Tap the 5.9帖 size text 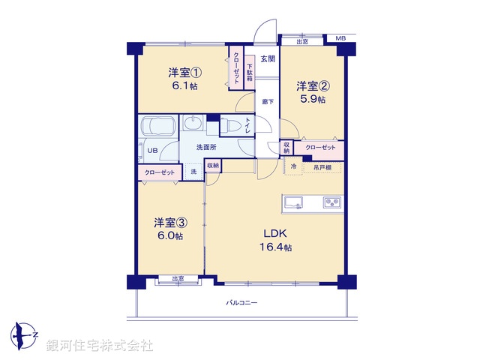point(313,99)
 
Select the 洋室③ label point(170,223)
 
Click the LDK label point(275,233)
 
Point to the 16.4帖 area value point(275,247)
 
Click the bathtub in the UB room point(158,127)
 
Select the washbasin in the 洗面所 point(193,123)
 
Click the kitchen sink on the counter point(293,202)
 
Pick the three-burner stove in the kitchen point(332,202)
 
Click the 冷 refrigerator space point(293,166)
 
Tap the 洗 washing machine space point(193,172)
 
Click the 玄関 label point(268,58)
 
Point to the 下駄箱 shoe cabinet point(250,72)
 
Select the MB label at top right point(340,38)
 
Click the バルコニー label point(241,303)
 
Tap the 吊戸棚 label point(322,168)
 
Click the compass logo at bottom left point(24,336)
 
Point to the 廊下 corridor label point(268,102)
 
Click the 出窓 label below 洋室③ point(178,278)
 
